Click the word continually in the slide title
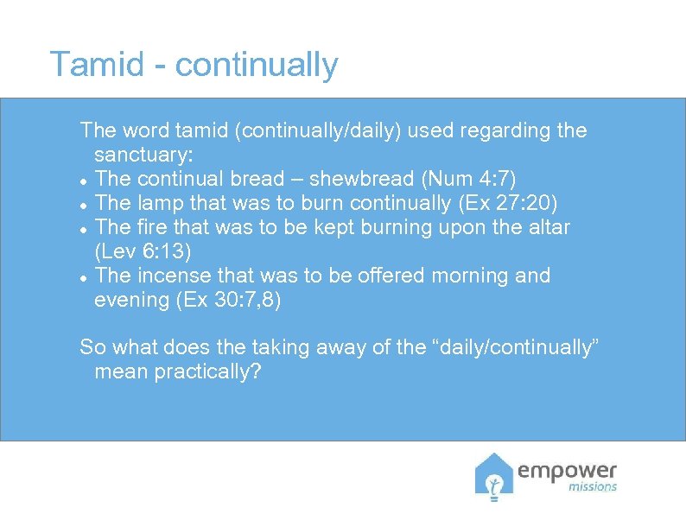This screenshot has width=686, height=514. (x=257, y=67)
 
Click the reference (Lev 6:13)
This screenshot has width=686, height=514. (x=142, y=251)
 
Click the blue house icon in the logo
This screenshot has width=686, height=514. (x=494, y=477)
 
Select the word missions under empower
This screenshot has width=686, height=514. (x=592, y=487)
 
